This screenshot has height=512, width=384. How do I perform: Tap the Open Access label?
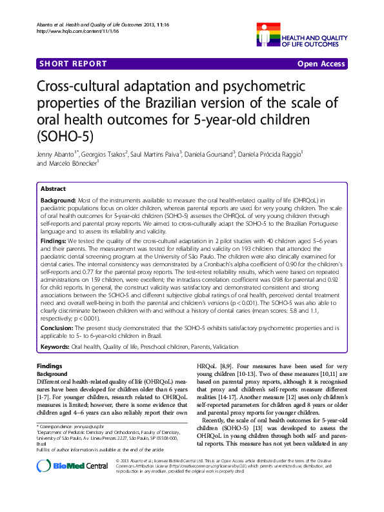(x=321, y=65)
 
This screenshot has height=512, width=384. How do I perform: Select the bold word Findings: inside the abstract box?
(x=55, y=241)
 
